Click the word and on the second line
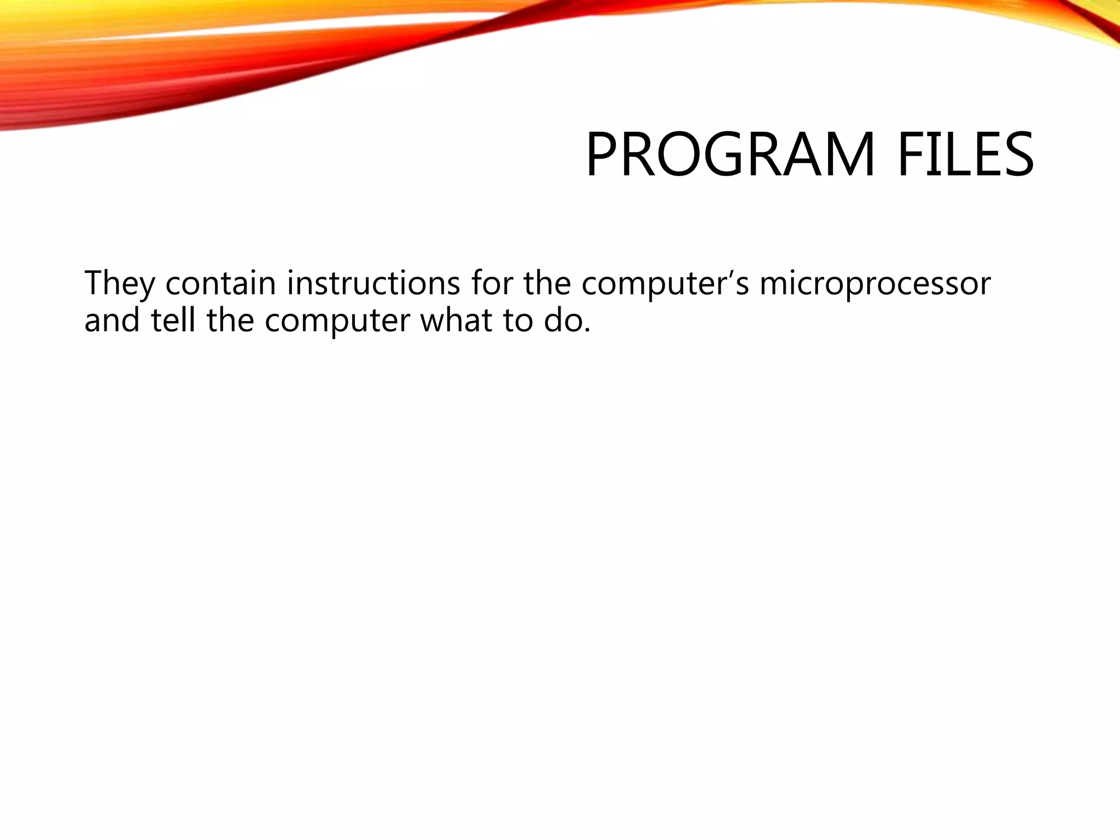click(x=112, y=320)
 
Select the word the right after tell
click(x=230, y=320)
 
